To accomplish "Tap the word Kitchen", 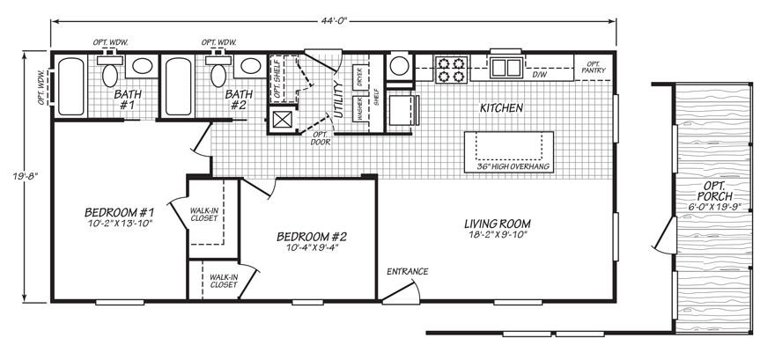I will pyautogui.click(x=501, y=108).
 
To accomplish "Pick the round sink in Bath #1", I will pyautogui.click(x=141, y=68).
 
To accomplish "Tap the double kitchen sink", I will pyautogui.click(x=506, y=68).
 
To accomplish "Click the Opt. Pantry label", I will pyautogui.click(x=594, y=68).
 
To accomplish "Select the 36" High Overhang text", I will pyautogui.click(x=513, y=166).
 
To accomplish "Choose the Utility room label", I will pyautogui.click(x=337, y=98).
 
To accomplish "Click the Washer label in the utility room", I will pyautogui.click(x=360, y=108).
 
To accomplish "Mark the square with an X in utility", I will pyautogui.click(x=284, y=120).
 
